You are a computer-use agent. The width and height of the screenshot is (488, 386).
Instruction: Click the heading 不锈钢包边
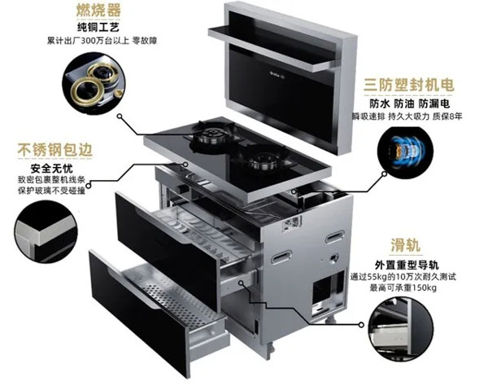click(x=50, y=151)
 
